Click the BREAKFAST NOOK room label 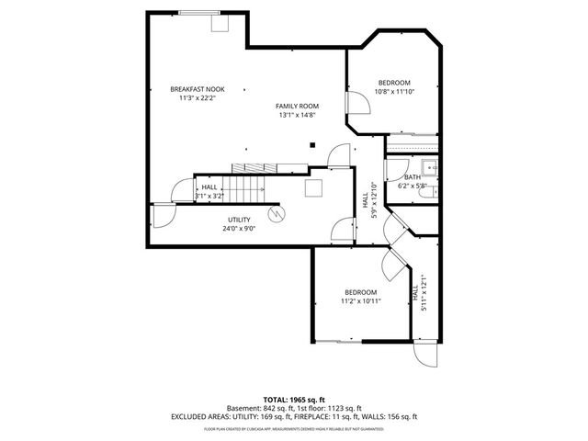coord(197,89)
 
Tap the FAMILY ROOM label coord(296,107)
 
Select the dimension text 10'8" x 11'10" coord(395,91)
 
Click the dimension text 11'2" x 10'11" coord(360,300)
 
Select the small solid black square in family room coord(313,143)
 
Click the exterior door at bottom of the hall coord(425,356)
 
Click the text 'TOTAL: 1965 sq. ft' coord(294,400)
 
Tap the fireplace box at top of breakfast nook coord(220,24)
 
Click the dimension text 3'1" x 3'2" coord(210,196)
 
